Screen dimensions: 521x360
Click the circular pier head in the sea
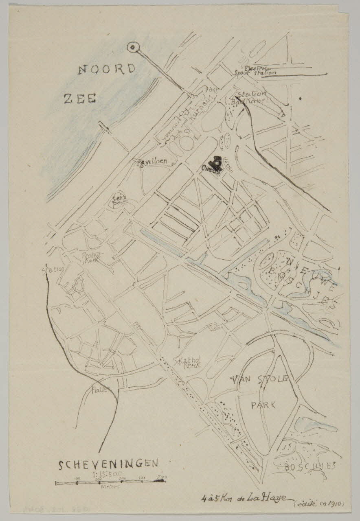pyautogui.click(x=132, y=48)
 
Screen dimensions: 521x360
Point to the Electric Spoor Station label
pyautogui.click(x=256, y=71)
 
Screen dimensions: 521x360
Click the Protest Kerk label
pyautogui.click(x=93, y=257)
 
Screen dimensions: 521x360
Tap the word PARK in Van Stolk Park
pyautogui.click(x=263, y=405)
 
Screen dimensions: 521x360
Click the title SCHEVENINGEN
pyautogui.click(x=108, y=464)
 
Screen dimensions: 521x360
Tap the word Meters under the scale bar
pyautogui.click(x=110, y=487)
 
